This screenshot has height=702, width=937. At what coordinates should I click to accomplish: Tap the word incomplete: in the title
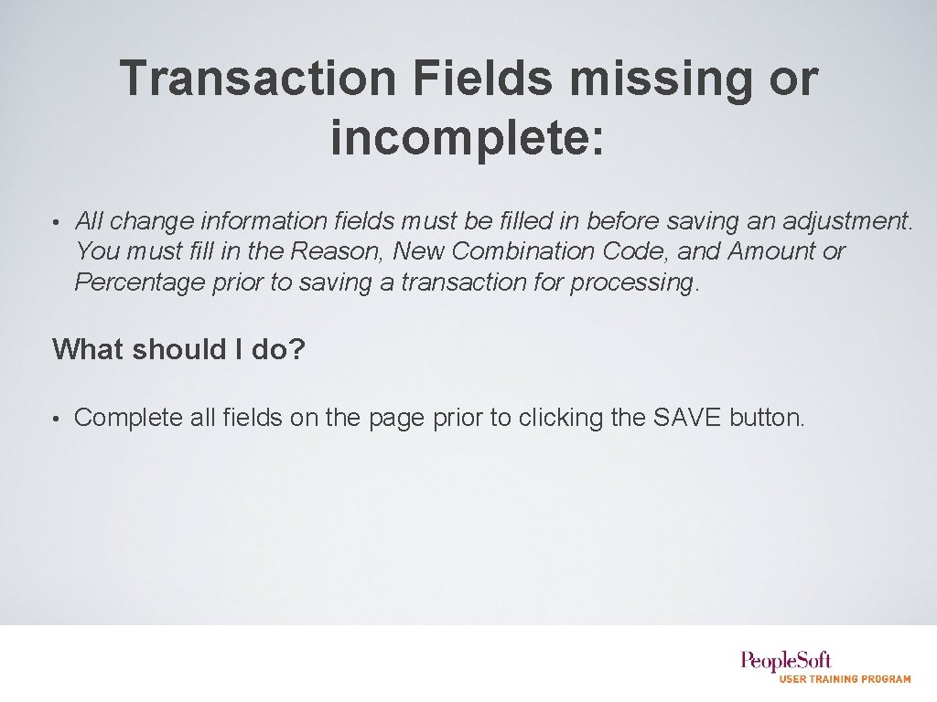(468, 138)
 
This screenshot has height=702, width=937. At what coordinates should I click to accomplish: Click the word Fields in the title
(481, 79)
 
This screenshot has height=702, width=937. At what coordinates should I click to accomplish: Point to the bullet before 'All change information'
(57, 222)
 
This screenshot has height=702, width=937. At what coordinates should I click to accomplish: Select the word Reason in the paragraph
(331, 251)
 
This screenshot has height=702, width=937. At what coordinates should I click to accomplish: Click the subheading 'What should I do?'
(178, 349)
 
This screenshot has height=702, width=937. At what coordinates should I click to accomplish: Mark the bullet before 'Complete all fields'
(57, 419)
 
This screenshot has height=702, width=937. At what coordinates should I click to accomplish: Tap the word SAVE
(687, 418)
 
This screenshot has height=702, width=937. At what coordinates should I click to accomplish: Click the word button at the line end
(767, 418)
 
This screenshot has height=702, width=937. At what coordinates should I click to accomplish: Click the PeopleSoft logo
(786, 661)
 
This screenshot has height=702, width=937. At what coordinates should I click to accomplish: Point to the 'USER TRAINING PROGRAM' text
(845, 679)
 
